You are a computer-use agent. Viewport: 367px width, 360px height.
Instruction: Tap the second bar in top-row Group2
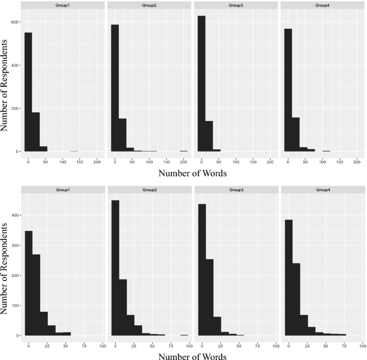122,135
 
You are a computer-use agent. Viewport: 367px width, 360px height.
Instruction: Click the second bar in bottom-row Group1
36,295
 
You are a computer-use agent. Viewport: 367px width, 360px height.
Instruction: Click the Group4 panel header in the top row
320,5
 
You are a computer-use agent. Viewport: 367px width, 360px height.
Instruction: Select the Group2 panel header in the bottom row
147,189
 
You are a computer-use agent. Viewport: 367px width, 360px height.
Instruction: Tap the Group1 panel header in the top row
60,5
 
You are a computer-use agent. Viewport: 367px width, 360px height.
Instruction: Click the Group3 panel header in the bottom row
234,189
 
